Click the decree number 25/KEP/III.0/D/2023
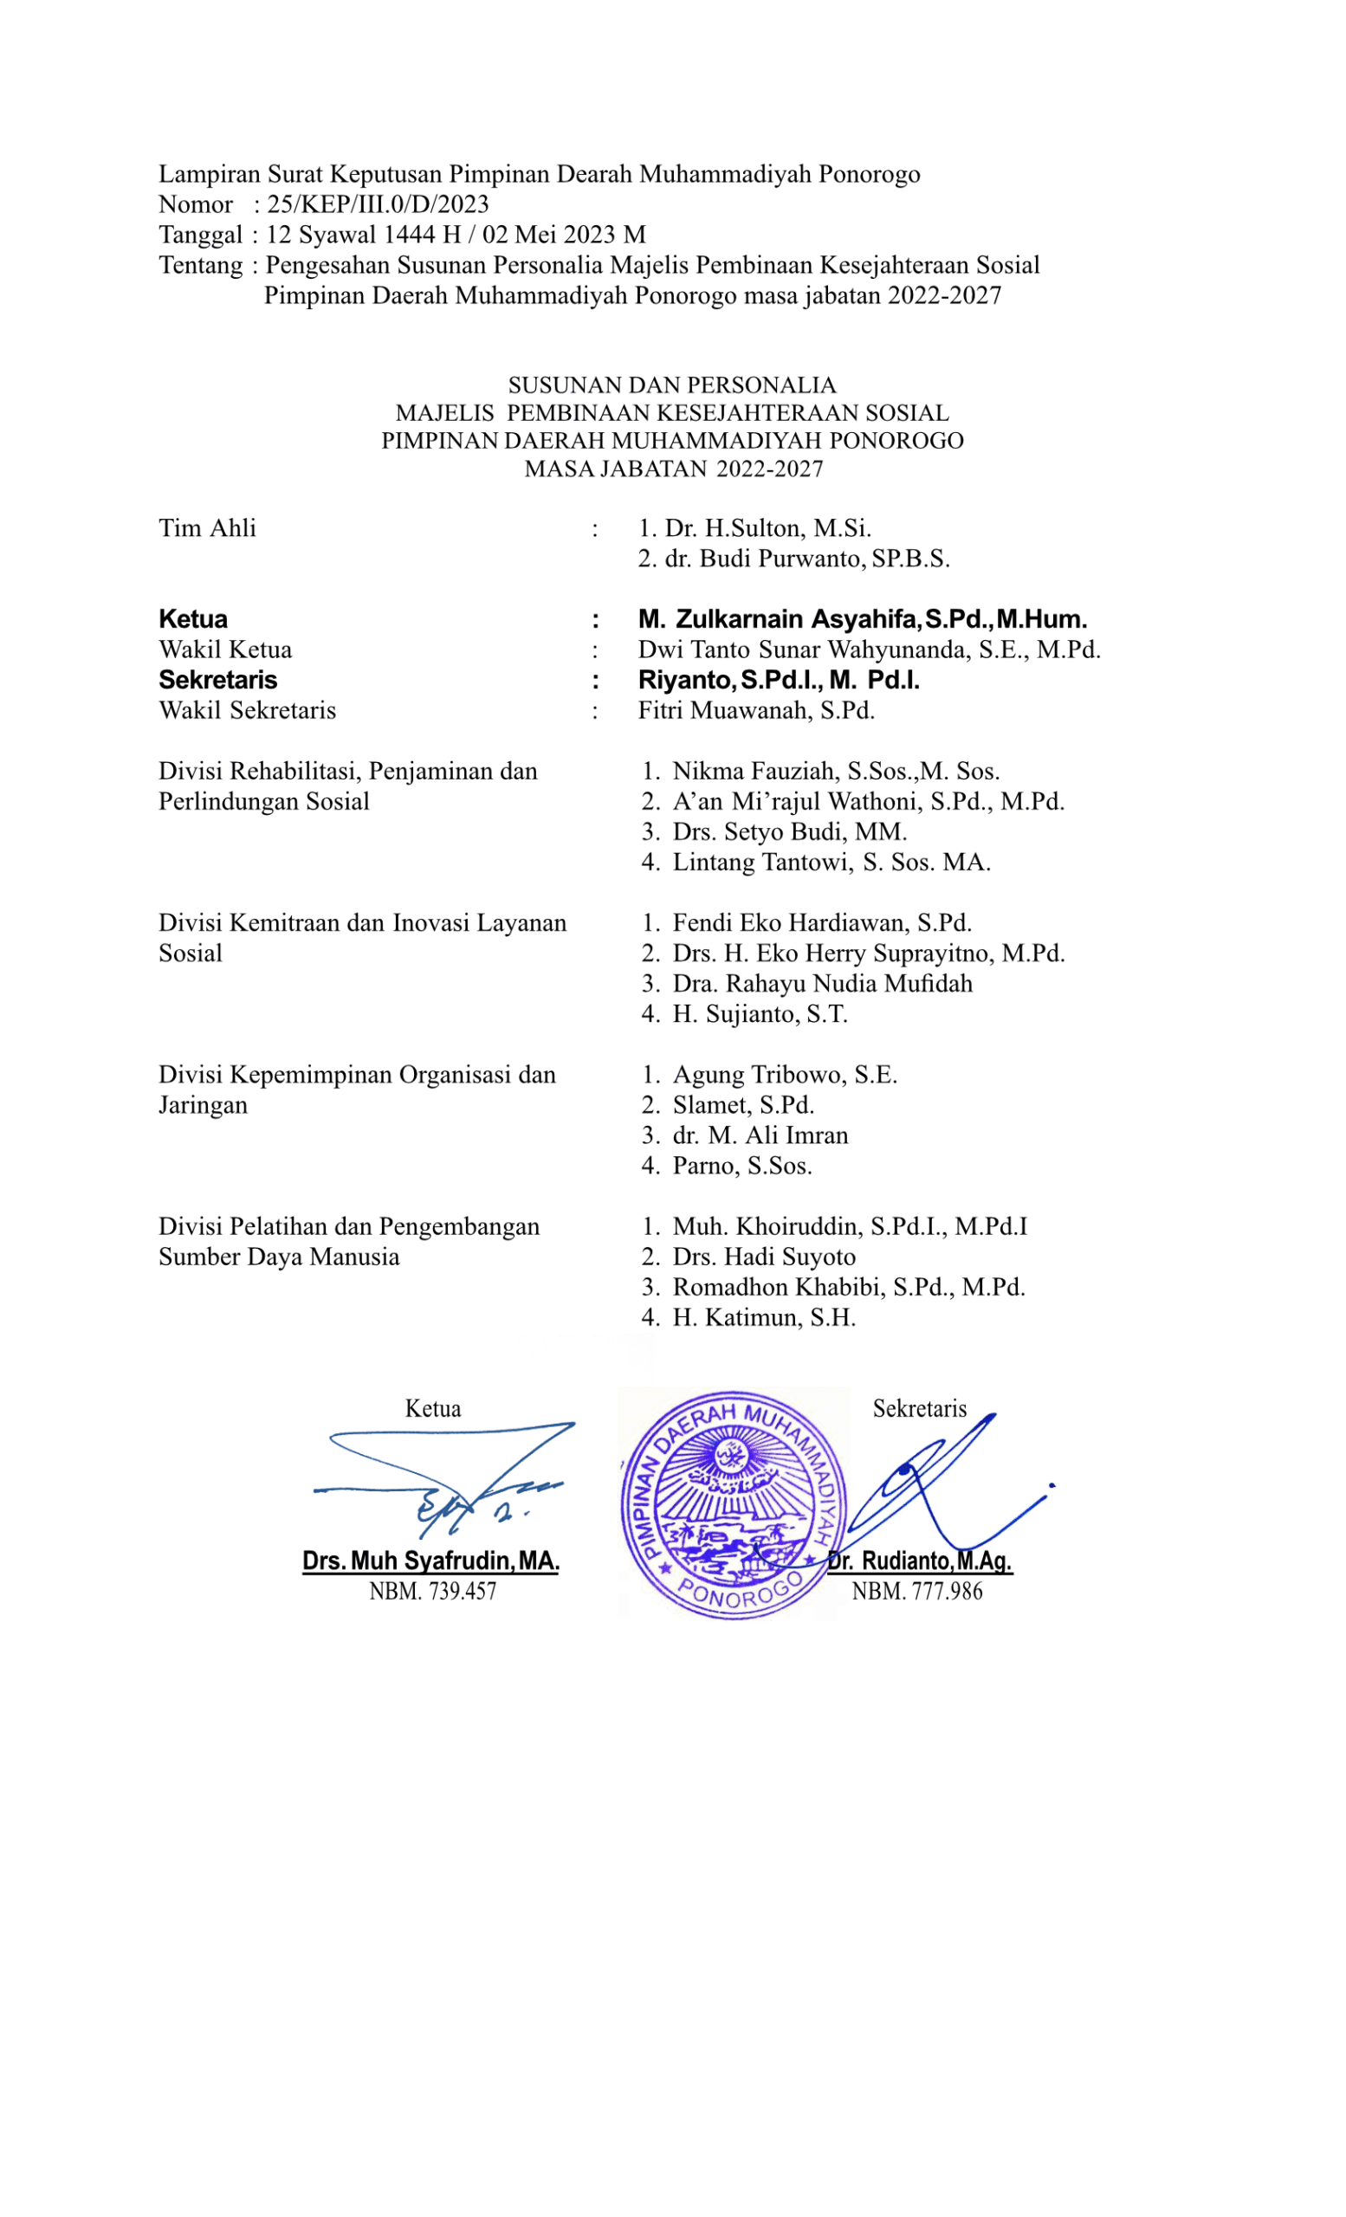(x=378, y=204)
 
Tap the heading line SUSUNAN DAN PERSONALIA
(x=672, y=385)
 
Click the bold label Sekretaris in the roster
(x=217, y=680)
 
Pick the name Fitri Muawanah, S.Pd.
(x=756, y=711)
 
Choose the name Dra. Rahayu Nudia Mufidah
(x=822, y=984)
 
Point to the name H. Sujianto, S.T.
(x=760, y=1014)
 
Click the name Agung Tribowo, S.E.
(x=785, y=1075)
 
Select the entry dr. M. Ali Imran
(x=760, y=1135)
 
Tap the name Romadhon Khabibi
(x=779, y=1287)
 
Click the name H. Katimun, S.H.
(x=764, y=1317)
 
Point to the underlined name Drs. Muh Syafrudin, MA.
(x=431, y=1561)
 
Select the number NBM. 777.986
(x=917, y=1591)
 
